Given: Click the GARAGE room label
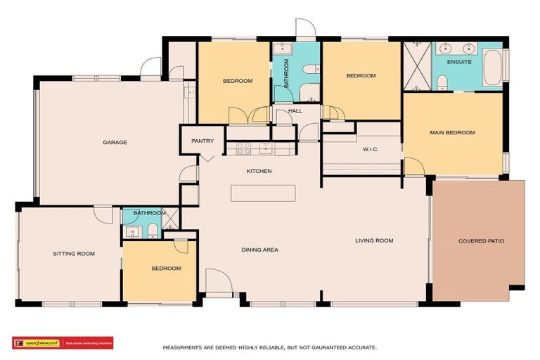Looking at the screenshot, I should click(x=115, y=143).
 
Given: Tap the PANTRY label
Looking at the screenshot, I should click(x=202, y=141).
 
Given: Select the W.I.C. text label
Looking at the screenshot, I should click(x=371, y=149).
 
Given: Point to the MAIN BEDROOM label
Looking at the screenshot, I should click(x=452, y=133).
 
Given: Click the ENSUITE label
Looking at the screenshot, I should click(x=459, y=62).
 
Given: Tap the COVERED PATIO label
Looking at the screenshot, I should click(x=481, y=241).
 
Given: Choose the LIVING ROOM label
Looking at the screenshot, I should click(x=373, y=241).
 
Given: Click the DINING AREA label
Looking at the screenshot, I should click(x=259, y=250).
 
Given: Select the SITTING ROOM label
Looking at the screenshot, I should click(x=74, y=254).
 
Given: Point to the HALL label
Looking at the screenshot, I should click(x=295, y=111).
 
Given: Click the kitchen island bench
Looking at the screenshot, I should click(x=262, y=193).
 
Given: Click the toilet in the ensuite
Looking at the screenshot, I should click(x=442, y=83).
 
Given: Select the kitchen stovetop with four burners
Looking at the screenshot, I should click(x=243, y=148).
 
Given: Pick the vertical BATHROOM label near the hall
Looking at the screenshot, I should click(x=286, y=73).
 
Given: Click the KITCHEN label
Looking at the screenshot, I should click(x=258, y=171).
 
